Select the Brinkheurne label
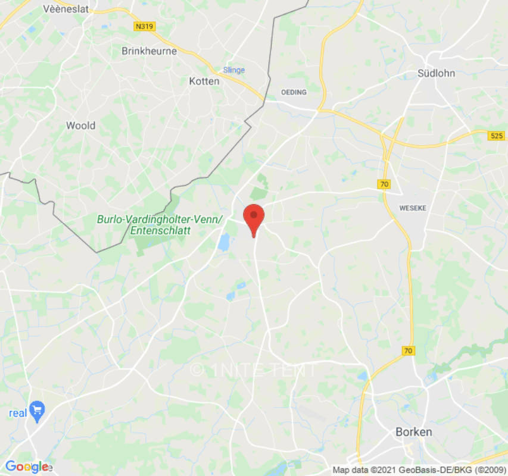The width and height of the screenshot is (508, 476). coord(149,51)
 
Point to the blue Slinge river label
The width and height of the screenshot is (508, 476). coord(233,70)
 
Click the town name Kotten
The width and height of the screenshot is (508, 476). coord(204,81)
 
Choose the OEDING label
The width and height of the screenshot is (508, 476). coord(294,92)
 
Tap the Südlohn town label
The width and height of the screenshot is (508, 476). coord(436,74)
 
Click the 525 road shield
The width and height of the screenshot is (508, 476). coord(497,136)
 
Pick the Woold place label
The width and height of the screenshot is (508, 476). coord(80,126)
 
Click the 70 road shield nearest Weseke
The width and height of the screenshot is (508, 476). coord(384,184)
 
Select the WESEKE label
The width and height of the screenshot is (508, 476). coord(413,208)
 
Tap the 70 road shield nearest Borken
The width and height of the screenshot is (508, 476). coord(408,351)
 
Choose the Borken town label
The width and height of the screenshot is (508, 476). coord(414,432)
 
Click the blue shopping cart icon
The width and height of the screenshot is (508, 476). coord(38,411)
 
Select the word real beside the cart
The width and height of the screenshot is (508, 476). coord(18,413)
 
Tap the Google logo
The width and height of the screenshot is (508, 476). coord(27,466)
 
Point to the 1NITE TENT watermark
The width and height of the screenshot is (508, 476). coord(254,369)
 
